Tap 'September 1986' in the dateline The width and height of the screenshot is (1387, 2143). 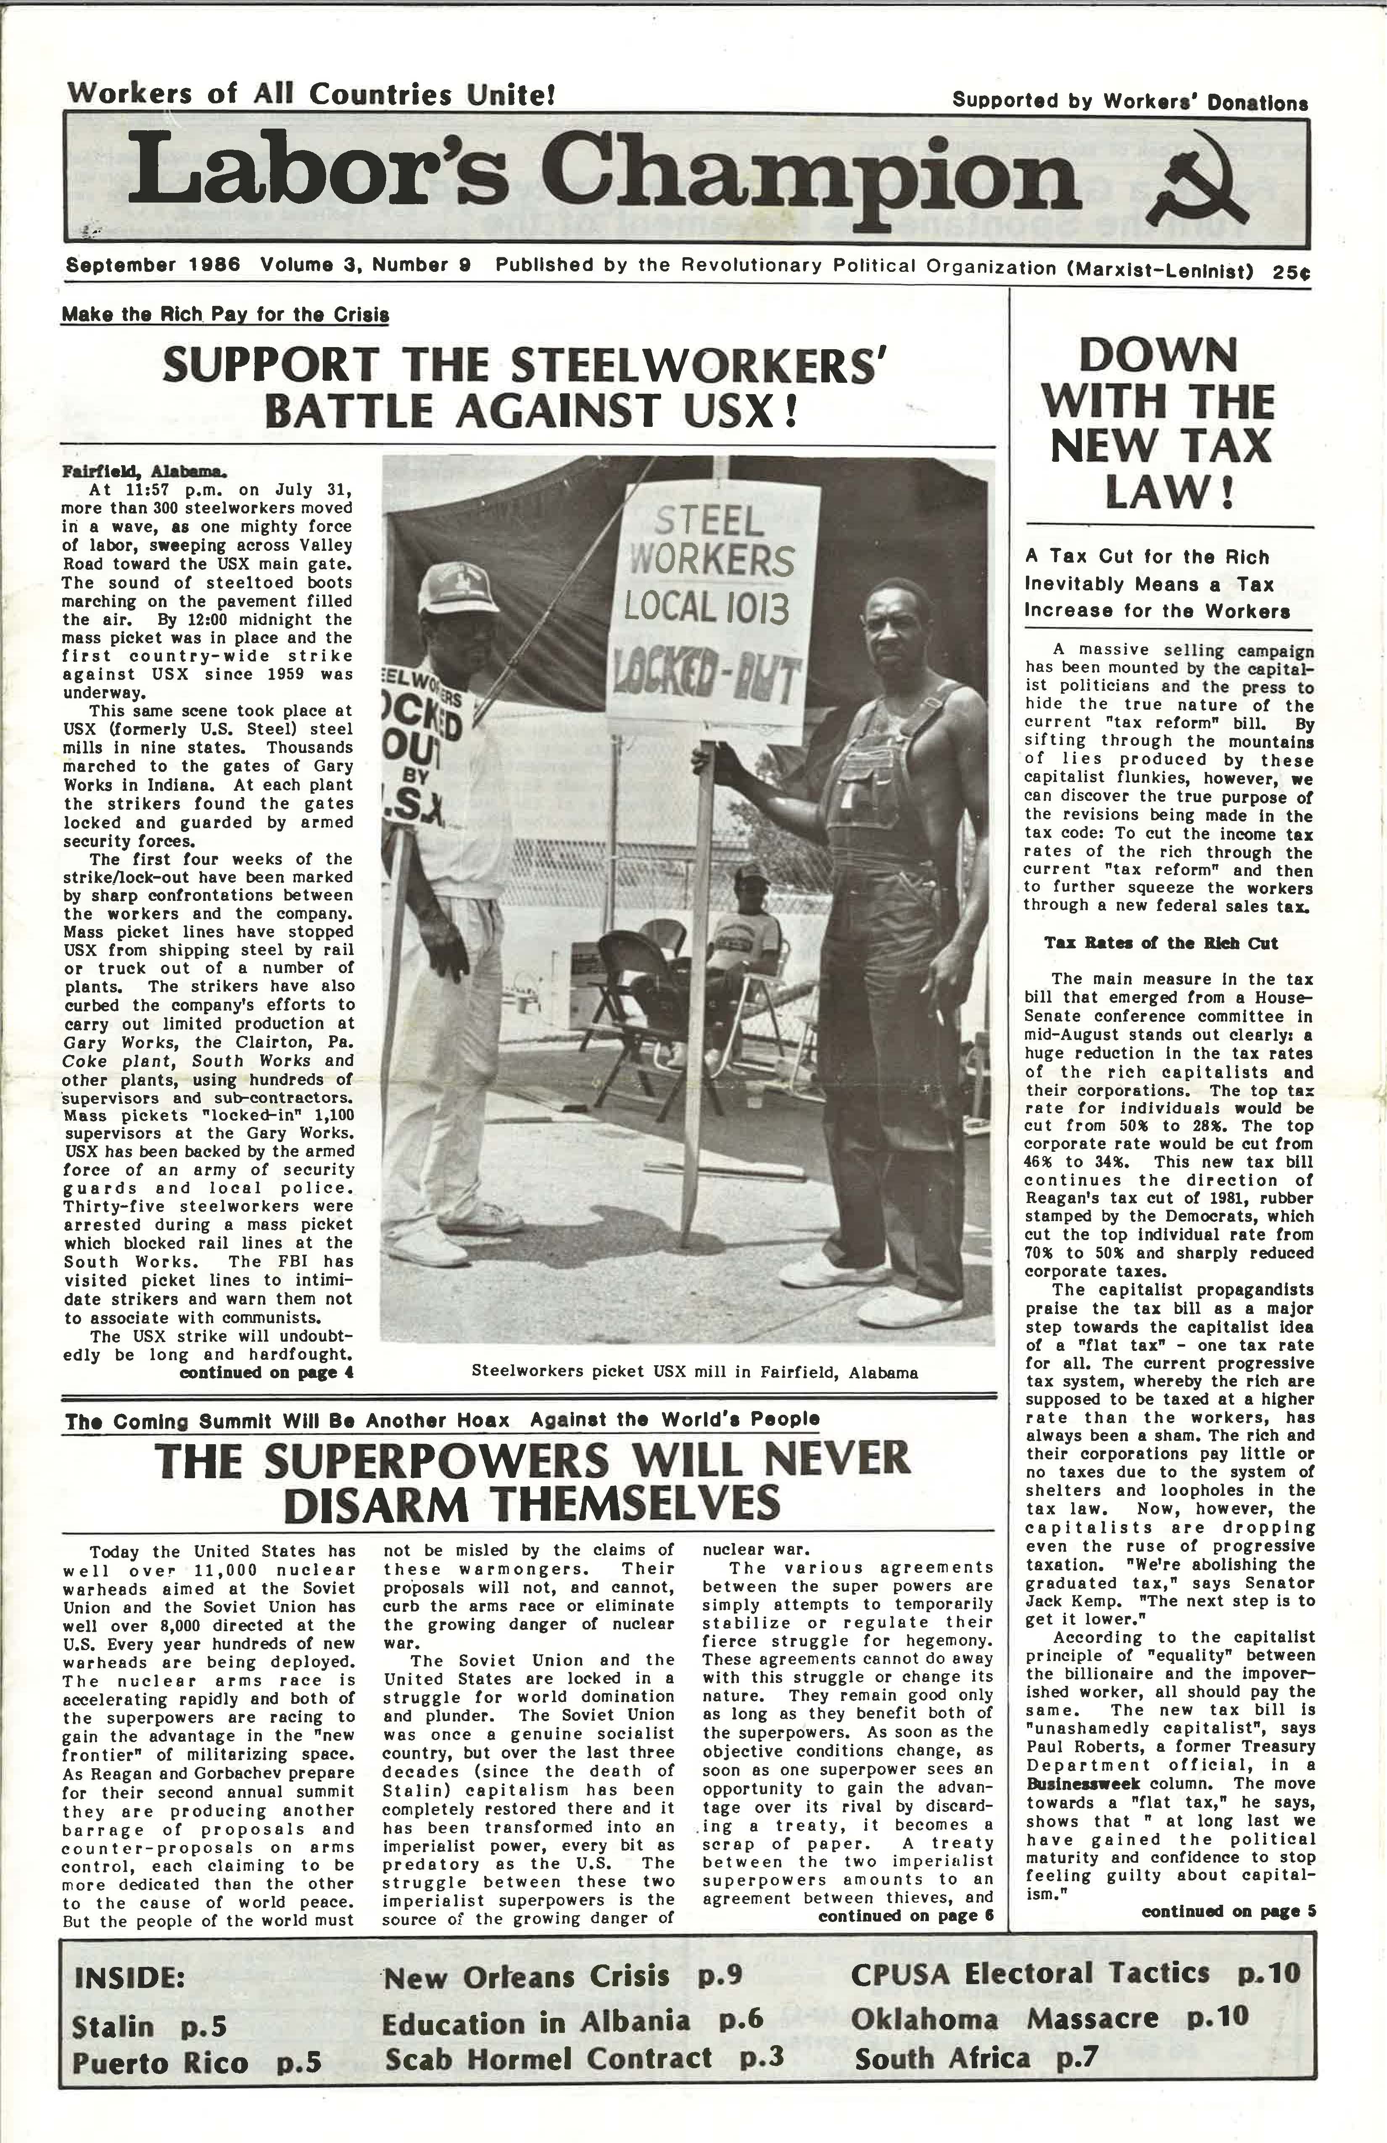153,266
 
